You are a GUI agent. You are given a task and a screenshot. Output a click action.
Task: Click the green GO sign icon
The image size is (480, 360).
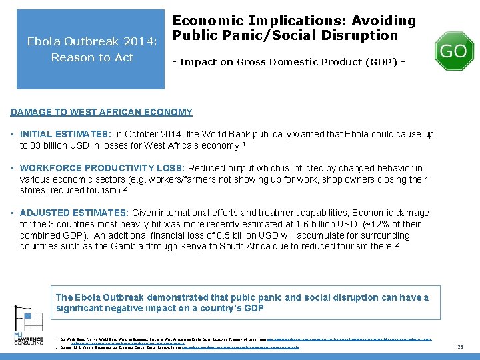pyautogui.click(x=453, y=51)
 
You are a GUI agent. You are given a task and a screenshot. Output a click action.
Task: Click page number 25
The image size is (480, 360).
pyautogui.click(x=460, y=347)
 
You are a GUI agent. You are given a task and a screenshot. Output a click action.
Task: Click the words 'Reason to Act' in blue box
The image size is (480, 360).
pyautogui.click(x=92, y=57)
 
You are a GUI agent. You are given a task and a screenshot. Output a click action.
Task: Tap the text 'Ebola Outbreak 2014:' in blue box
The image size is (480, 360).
pyautogui.click(x=92, y=42)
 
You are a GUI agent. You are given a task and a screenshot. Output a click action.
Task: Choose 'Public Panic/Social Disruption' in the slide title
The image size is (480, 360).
pyautogui.click(x=285, y=35)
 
